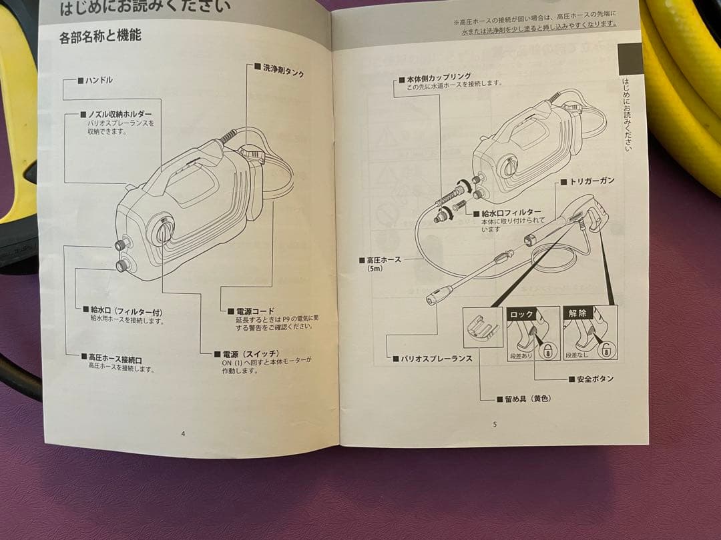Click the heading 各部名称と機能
point(100,36)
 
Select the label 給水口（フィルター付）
point(126,311)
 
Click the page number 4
point(183,433)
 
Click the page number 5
point(495,423)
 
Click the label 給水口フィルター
point(511,213)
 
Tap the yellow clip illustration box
point(482,327)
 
